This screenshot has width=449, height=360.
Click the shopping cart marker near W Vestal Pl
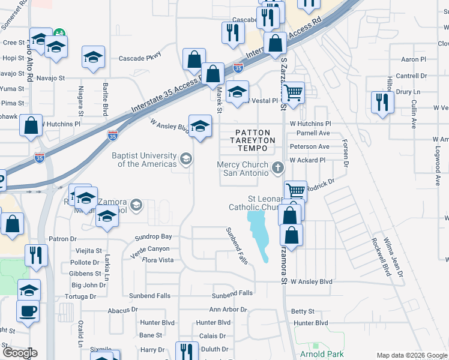point(292,93)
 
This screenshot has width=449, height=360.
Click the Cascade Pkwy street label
point(140,58)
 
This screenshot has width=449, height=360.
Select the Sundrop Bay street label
point(153,238)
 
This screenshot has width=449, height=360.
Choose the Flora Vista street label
point(157,260)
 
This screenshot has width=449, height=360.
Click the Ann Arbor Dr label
point(228,310)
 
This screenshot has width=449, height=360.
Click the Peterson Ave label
point(309,146)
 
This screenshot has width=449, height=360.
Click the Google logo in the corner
point(19,352)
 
